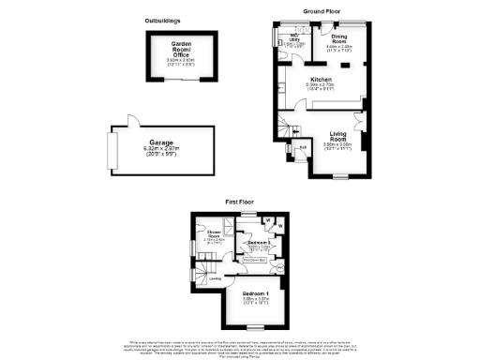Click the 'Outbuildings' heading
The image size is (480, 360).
(163, 20)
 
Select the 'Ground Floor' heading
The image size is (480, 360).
(320, 10)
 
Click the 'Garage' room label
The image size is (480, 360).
(163, 142)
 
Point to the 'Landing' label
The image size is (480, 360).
(215, 277)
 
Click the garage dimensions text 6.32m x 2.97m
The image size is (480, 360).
(163, 149)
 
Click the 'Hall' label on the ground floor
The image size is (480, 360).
(303, 147)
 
